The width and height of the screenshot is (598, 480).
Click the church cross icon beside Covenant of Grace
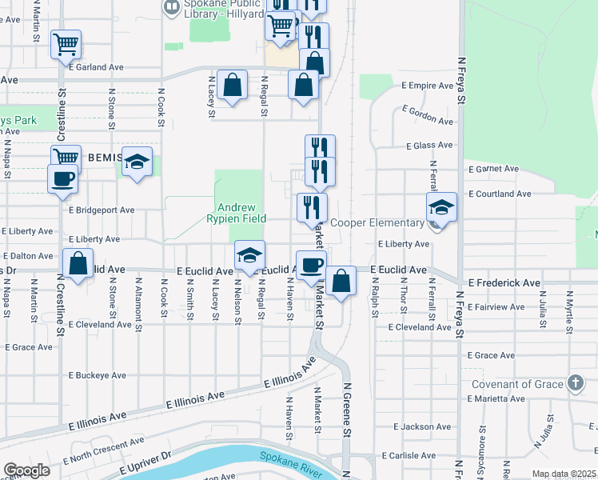click(575, 382)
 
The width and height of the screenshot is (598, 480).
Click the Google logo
click(26, 470)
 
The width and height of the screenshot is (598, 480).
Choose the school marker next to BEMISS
click(138, 162)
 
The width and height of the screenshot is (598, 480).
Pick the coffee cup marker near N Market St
click(310, 265)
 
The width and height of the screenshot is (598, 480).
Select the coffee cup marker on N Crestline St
click(62, 179)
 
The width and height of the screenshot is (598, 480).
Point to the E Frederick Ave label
click(504, 282)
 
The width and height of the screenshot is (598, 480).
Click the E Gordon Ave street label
click(428, 115)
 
